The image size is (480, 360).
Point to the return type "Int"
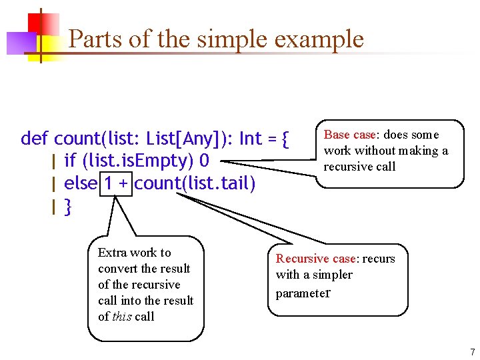click(250, 139)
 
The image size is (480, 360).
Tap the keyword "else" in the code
click(81, 183)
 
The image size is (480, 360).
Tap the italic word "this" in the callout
click(121, 317)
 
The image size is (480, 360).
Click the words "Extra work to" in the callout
click(134, 253)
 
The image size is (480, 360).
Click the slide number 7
click(472, 351)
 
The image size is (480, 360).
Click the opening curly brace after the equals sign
click(285, 139)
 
